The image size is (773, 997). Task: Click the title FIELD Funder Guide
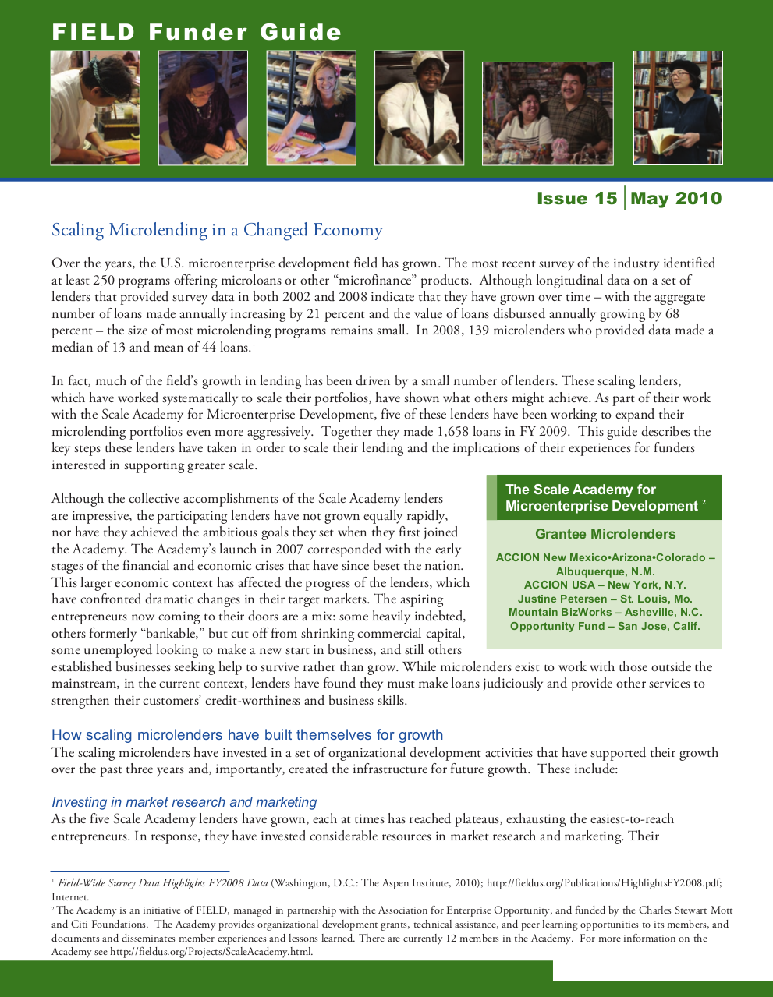pos(197,32)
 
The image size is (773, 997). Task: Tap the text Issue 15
pos(576,199)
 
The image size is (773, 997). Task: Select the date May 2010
pos(676,199)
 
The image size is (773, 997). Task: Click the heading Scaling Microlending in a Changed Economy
pos(217,230)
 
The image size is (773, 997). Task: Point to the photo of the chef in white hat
pos(419,108)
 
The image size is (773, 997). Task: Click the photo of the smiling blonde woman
pos(311,108)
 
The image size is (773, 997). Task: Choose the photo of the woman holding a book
pos(678,108)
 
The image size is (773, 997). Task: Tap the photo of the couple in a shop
pos(548,113)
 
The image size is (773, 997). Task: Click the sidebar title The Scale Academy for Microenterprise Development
pos(601,497)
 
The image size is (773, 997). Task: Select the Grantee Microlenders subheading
pos(605,534)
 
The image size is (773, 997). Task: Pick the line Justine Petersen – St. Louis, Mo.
pos(605,599)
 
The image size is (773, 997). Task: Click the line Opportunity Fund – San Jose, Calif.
pos(605,626)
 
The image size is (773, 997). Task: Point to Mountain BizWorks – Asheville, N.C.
pos(605,612)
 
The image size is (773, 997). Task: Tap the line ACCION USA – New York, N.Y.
pos(605,585)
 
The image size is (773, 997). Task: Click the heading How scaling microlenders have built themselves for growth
pos(247,734)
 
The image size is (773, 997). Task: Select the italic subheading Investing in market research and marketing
pos(184,802)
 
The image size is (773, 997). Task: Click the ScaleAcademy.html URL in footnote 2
pos(211,952)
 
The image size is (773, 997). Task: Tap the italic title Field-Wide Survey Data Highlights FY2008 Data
pos(162,883)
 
